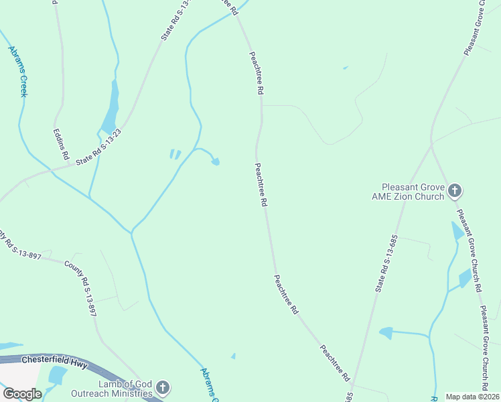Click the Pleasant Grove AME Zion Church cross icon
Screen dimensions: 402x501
455,191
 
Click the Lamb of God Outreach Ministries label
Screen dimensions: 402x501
115,389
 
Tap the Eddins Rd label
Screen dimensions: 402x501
60,143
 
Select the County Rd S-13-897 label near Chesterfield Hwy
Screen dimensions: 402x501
81,289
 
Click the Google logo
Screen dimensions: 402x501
22,393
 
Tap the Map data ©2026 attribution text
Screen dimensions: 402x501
472,397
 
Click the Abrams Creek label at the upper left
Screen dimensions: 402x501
17,71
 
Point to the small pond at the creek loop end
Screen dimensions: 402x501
215,161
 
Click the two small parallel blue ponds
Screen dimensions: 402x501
175,155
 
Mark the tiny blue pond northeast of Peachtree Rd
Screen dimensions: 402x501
345,68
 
